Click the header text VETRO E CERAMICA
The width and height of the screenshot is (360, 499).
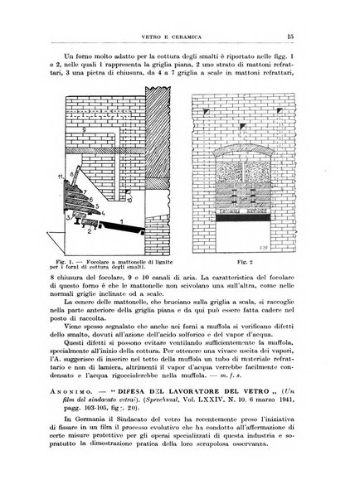(178, 12)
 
